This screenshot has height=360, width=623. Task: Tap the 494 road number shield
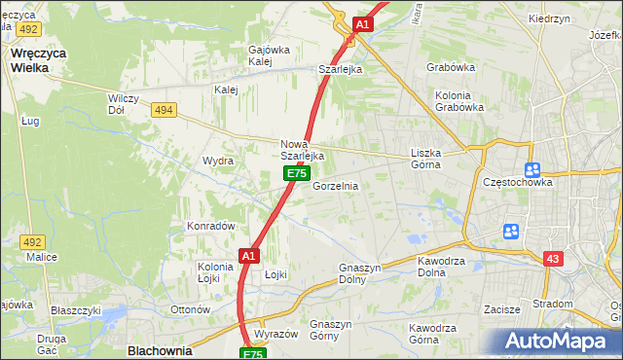(164, 110)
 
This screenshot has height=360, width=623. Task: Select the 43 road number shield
(553, 258)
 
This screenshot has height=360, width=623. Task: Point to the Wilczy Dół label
(125, 104)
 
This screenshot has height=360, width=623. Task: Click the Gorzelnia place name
(335, 186)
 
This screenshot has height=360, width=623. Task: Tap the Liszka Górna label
(425, 159)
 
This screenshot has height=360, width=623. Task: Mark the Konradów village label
(212, 226)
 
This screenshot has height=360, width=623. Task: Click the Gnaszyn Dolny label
(358, 272)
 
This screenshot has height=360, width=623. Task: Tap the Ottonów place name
(191, 309)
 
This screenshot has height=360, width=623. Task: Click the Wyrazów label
(275, 334)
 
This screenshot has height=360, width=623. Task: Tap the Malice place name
(42, 257)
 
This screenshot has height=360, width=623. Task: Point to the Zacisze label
(504, 309)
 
